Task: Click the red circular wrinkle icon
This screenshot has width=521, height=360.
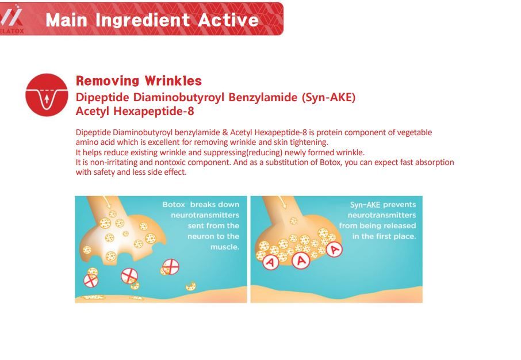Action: pos(47,95)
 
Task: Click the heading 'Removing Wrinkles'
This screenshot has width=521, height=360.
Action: pos(139,81)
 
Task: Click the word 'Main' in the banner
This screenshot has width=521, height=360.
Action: pos(67,20)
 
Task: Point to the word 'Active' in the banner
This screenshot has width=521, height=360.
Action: pos(228,20)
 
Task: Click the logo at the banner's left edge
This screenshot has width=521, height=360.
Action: pos(12,19)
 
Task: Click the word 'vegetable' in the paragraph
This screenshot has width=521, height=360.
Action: pos(415,132)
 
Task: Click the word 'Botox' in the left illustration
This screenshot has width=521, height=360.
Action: pos(174,204)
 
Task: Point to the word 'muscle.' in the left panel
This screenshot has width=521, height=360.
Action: pos(225,247)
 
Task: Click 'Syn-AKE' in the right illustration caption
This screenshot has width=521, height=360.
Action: pos(364,204)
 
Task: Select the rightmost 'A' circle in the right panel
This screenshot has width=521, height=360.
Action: pos(334,250)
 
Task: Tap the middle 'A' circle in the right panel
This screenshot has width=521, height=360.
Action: pos(301,261)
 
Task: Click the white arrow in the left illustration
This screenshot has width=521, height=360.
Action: pos(106,201)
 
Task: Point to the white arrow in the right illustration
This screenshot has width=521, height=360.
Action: pos(282,201)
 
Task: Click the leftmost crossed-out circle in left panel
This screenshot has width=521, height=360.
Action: pos(91,280)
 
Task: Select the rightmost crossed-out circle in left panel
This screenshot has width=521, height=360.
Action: pos(171,267)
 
